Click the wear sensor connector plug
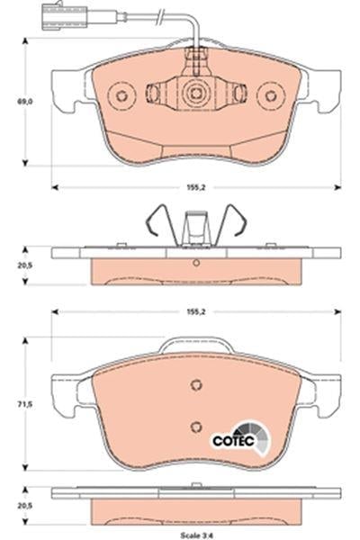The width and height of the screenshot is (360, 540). (x=64, y=16)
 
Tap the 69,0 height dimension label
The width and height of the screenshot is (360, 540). (x=25, y=102)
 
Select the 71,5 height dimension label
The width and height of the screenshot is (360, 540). (x=25, y=404)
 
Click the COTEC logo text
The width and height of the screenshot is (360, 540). (x=233, y=441)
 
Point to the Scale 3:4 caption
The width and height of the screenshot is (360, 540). (x=196, y=535)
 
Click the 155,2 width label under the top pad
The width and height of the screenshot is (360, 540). (x=196, y=188)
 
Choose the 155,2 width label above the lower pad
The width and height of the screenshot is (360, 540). (x=196, y=311)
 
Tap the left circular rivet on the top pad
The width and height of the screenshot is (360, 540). (x=121, y=95)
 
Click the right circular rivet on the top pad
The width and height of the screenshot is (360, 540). (x=271, y=95)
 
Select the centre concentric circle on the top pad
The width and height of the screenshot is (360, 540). (x=196, y=94)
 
